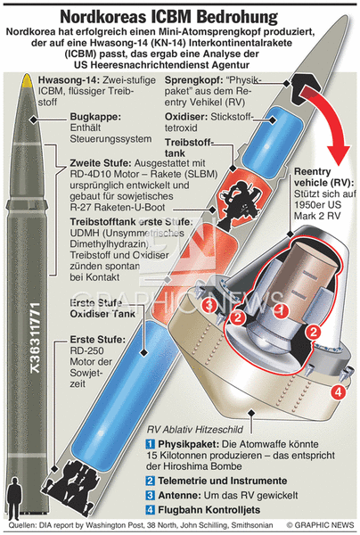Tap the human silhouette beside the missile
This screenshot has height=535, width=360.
point(14,498)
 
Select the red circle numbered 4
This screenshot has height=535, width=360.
point(339,391)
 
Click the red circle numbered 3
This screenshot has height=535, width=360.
point(210,305)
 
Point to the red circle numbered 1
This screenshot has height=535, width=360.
point(282,310)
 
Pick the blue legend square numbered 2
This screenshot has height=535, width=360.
point(151,481)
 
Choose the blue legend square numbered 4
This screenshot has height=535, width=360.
point(151,510)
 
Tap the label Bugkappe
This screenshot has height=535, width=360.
point(95,117)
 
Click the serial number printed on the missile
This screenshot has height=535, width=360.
point(36,338)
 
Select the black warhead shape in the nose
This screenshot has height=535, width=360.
point(300,88)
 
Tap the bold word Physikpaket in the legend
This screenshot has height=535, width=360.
point(190,444)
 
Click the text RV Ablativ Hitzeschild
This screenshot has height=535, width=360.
point(195,429)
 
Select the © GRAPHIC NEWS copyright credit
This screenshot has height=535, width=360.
point(320,525)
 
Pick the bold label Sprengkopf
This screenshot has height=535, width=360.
point(194,80)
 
